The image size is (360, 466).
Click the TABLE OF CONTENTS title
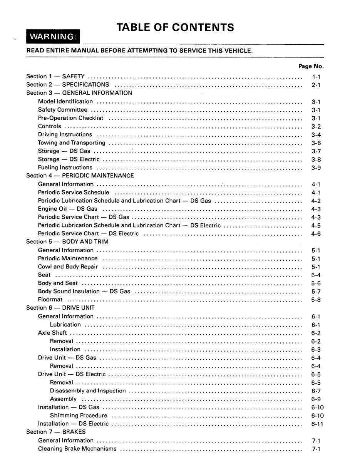tap(175, 27)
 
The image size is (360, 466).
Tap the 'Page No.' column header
tap(311, 66)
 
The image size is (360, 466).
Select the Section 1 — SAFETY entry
tap(55, 77)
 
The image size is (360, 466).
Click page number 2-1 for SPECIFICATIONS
tap(316, 85)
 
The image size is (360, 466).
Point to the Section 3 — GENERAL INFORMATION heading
tap(79, 93)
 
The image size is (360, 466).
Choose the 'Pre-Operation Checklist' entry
tap(70, 118)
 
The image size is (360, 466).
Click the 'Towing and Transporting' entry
tap(72, 143)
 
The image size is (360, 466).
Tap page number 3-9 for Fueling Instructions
tap(316, 168)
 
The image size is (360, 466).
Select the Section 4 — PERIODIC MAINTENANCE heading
tap(80, 176)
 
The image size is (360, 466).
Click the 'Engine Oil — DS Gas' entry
tap(68, 209)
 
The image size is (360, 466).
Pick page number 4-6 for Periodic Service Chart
tap(316, 234)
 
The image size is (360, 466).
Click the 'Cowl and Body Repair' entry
tap(68, 267)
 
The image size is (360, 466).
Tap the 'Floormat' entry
tap(50, 300)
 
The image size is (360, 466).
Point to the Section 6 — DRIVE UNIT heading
tap(60, 308)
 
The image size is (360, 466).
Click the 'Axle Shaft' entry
tap(52, 333)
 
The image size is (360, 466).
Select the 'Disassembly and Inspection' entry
tap(88, 391)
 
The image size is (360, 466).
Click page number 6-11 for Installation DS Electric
tap(317, 424)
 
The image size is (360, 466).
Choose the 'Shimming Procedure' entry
tap(79, 416)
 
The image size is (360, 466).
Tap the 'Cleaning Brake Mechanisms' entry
tap(77, 449)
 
